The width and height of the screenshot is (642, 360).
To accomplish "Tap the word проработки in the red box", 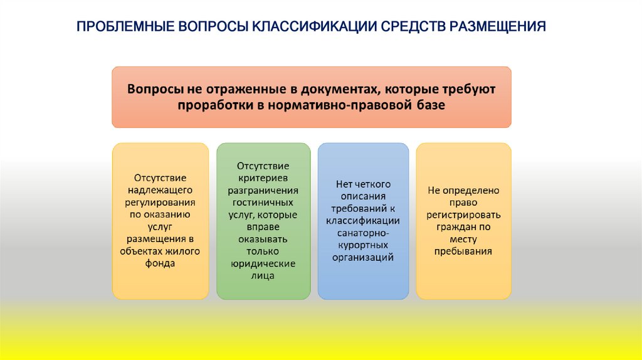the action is (x=215, y=105).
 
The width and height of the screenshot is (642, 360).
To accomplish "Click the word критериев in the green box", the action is (x=263, y=178).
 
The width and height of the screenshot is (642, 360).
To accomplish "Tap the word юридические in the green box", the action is (x=263, y=263).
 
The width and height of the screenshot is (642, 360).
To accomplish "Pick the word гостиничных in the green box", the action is (x=263, y=203).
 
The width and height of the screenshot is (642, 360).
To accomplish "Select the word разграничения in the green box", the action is (x=263, y=190).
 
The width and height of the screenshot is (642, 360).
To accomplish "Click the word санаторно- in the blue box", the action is (x=363, y=233).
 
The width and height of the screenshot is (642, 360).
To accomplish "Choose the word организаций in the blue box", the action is (x=363, y=257).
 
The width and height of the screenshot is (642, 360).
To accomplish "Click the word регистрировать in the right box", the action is (x=463, y=214).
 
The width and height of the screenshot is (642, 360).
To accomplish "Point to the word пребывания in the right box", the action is (x=463, y=251).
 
